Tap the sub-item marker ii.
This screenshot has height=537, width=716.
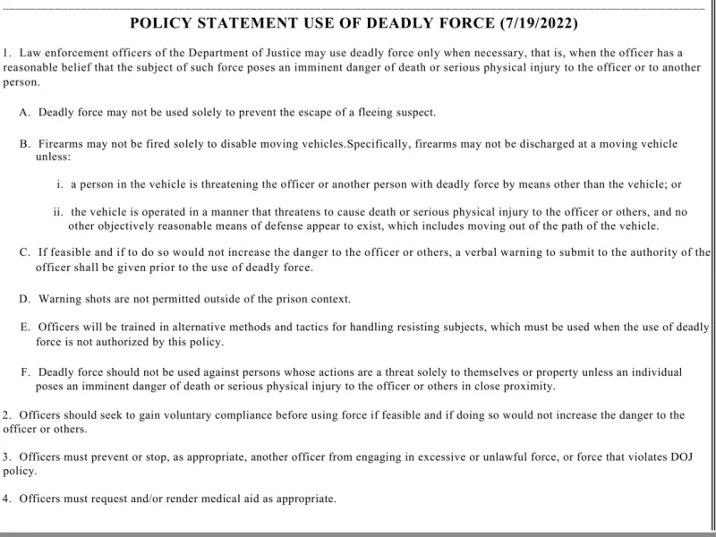(x=59, y=212)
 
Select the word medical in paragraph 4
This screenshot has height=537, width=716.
(x=228, y=499)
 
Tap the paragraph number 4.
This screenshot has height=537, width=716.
(x=7, y=499)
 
